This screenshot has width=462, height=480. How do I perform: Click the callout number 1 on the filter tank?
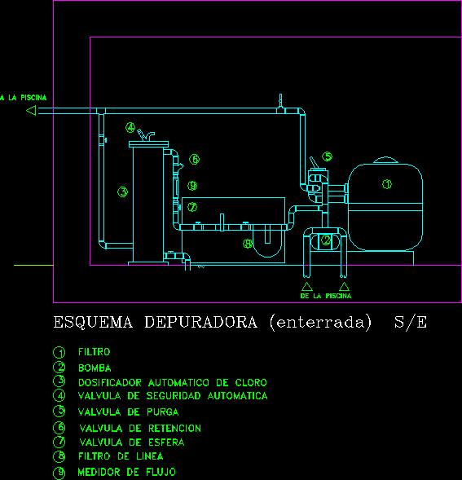coord(387,184)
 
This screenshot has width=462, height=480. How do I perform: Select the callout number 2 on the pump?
coord(326,240)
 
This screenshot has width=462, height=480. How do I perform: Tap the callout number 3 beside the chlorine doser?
coord(122,192)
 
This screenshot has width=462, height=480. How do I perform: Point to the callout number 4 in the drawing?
coord(130,127)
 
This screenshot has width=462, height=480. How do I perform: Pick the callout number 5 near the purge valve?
coord(327,156)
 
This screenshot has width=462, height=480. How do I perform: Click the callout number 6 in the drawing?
coord(194,159)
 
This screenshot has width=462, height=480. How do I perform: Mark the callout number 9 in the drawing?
coord(192,186)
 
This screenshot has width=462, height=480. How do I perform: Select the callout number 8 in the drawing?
coord(248,244)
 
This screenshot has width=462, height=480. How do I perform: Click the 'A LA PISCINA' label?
coord(24,98)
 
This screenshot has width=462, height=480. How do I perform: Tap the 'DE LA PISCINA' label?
coord(326,296)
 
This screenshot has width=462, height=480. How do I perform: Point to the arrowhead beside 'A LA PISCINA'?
coord(32,110)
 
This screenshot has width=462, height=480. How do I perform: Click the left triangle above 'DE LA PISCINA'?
coord(306,287)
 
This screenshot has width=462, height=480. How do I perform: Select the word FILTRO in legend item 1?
coord(94,352)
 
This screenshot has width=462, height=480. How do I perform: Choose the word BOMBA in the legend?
coord(95,368)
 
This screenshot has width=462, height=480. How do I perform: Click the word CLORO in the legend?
coord(251,383)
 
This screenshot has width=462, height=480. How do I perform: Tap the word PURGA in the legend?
coord(163,412)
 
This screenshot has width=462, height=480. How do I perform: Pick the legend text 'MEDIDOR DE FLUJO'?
coord(127,472)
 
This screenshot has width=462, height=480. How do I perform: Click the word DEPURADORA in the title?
coord(200,323)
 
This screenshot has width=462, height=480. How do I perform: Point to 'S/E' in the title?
coord(411,323)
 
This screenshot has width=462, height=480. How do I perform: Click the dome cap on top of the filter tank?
coord(385,160)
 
